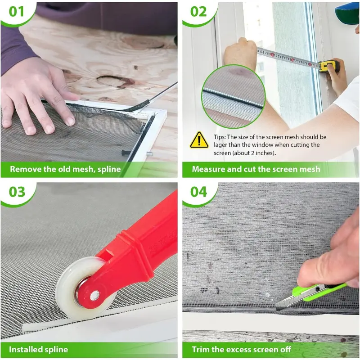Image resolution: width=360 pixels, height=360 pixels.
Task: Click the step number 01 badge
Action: (16, 12)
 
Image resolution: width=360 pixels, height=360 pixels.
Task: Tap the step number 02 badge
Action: (198, 12)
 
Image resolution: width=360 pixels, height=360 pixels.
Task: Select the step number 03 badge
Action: (17, 192)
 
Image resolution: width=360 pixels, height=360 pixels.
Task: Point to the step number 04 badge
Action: (198, 192)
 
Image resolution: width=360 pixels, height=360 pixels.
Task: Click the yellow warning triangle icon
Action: (199, 140)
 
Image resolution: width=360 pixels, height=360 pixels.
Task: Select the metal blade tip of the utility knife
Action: (279, 306)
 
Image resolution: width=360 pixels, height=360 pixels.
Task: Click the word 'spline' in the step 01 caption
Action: (109, 170)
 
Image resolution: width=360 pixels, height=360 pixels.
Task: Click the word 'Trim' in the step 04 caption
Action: (200, 350)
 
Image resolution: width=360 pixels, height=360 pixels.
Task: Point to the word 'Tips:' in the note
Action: (220, 137)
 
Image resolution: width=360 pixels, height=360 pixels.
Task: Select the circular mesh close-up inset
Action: (233, 96)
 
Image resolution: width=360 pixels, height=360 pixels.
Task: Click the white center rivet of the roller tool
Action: (94, 296)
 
